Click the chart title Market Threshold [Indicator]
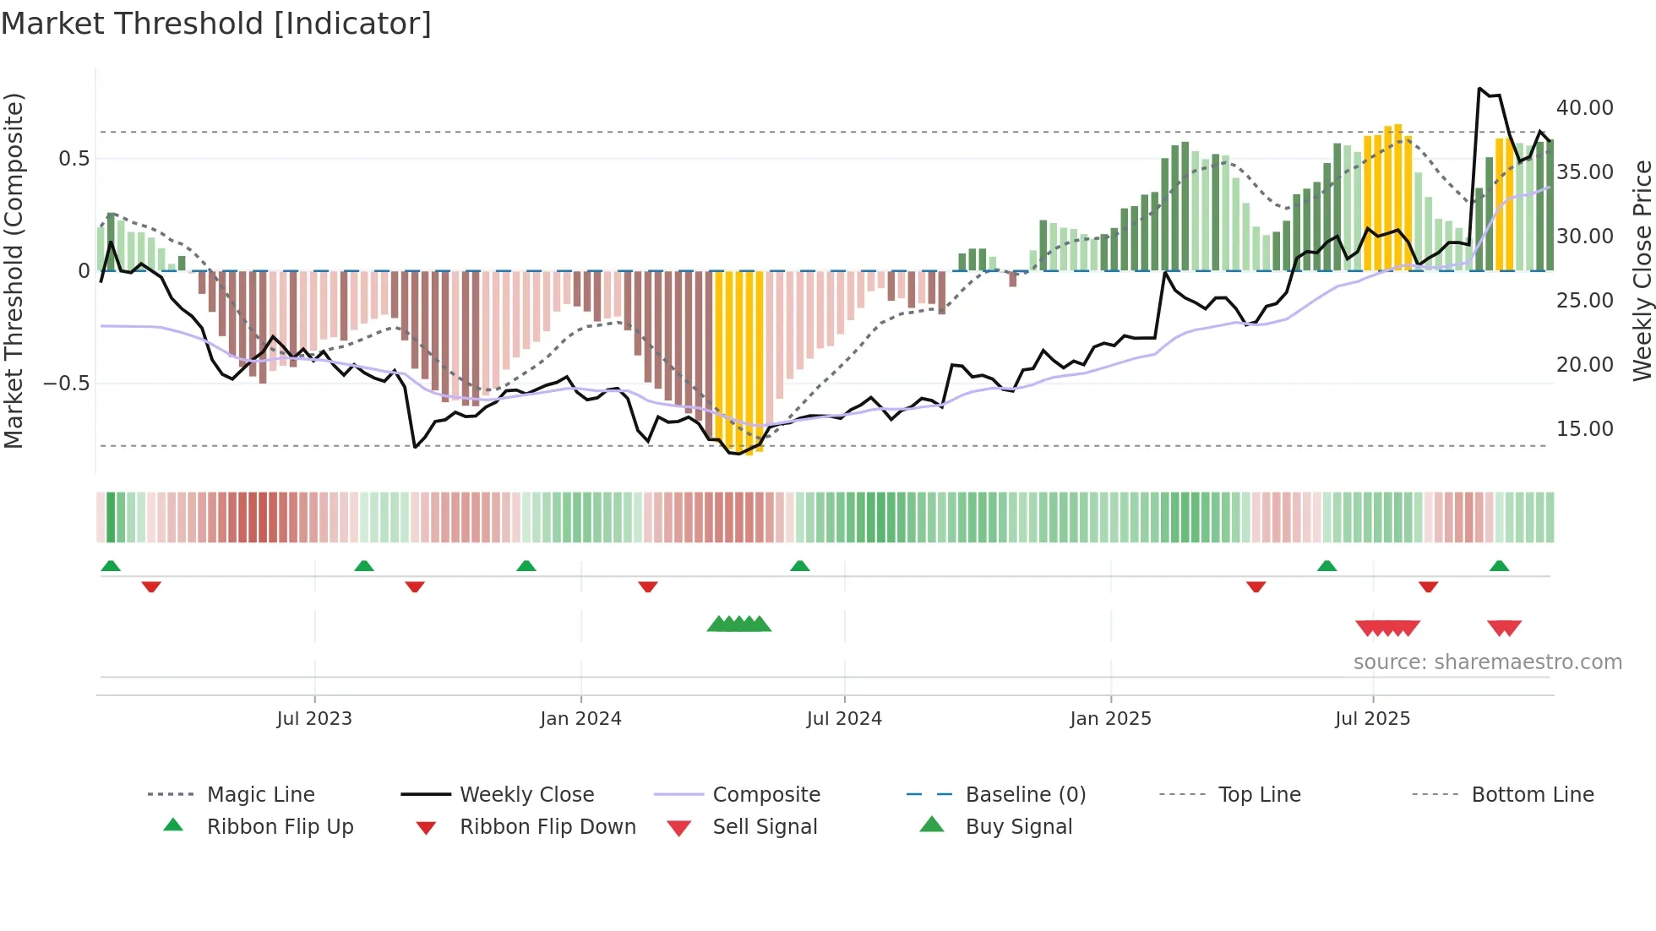(x=216, y=24)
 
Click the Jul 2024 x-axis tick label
(x=844, y=719)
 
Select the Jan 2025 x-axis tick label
(x=1110, y=719)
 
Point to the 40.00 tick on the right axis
(x=1584, y=108)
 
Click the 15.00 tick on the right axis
(x=1584, y=429)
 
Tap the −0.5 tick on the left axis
(x=67, y=384)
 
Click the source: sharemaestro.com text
(x=1487, y=662)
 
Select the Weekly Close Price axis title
(x=1642, y=270)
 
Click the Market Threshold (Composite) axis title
(x=14, y=270)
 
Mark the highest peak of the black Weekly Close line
(x=1479, y=89)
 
